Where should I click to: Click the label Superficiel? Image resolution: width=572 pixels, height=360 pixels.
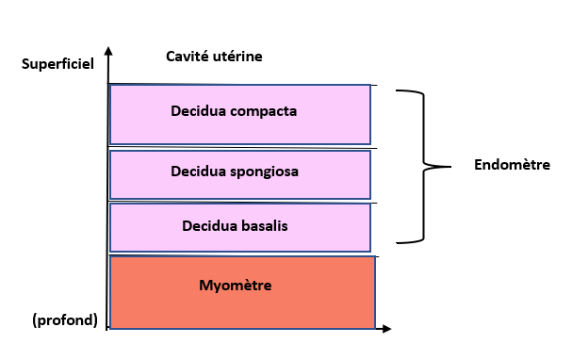pyautogui.click(x=57, y=64)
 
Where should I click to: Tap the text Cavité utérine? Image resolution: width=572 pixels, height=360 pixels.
pyautogui.click(x=213, y=57)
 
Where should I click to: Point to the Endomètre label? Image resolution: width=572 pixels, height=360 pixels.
pyautogui.click(x=512, y=165)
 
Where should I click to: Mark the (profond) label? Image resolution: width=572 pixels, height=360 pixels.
pyautogui.click(x=65, y=320)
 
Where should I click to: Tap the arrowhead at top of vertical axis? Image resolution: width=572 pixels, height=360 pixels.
pyautogui.click(x=109, y=51)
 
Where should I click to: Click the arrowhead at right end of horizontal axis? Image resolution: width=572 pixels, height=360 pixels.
pyautogui.click(x=385, y=329)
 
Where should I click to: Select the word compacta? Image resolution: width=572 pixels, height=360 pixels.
pyautogui.click(x=267, y=111)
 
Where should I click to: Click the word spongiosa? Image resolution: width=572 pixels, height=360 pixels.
pyautogui.click(x=268, y=172)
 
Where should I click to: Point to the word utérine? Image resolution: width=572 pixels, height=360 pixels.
pyautogui.click(x=237, y=57)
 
